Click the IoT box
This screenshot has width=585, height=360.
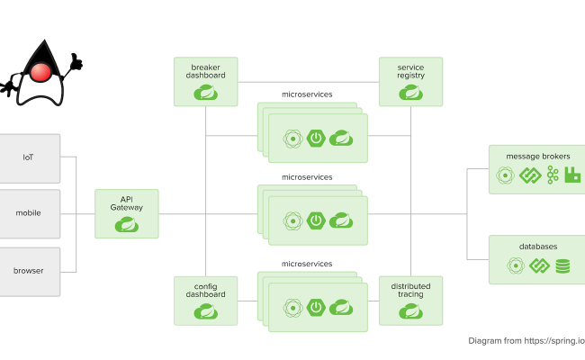30,157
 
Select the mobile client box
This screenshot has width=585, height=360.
30,213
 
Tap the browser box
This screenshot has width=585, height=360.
30,271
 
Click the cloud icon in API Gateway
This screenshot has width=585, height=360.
126,225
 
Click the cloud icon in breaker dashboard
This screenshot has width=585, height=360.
205,92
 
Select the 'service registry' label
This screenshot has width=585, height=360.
410,72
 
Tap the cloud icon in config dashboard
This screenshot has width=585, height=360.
205,311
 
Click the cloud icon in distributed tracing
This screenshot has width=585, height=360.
410,311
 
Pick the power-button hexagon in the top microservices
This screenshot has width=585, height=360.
316,138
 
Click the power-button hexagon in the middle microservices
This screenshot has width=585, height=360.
316,220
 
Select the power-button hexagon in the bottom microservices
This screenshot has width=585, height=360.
316,307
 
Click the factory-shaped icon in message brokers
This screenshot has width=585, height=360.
573,175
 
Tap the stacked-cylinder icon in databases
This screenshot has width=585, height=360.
562,265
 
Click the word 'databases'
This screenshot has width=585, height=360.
537,246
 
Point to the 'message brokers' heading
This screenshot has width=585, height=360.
537,156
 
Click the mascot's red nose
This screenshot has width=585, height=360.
39,72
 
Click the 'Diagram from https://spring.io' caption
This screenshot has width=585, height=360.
526,341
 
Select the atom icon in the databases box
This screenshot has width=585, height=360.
515,265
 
